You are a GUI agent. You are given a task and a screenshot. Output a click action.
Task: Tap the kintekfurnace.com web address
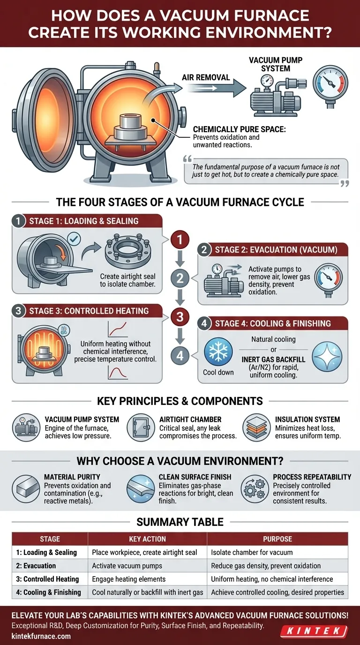point(41,636)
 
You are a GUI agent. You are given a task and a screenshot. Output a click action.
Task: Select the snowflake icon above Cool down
point(218,352)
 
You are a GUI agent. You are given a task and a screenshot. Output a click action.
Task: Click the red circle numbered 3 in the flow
point(180,317)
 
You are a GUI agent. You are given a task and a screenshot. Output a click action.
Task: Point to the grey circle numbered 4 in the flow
point(180,356)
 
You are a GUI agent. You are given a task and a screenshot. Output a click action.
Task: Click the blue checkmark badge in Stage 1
point(74,239)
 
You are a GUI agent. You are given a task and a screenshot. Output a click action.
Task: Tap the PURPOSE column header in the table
point(277,539)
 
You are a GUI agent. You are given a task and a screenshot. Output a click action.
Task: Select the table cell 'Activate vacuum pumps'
point(127,565)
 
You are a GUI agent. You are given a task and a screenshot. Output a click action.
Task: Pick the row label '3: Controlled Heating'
point(47,579)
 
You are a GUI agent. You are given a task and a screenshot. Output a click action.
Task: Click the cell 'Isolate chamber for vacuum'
point(252,552)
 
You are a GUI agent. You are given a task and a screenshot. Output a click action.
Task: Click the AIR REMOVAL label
point(206,77)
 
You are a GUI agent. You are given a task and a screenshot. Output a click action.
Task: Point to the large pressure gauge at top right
point(330,83)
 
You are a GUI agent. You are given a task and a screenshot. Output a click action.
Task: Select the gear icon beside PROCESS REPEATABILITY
point(254,488)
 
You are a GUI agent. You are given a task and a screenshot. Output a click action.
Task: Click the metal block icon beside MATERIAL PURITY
point(26,488)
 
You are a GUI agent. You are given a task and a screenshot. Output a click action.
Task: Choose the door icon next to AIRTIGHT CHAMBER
point(141,427)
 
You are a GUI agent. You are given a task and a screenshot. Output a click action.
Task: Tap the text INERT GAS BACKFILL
point(273,360)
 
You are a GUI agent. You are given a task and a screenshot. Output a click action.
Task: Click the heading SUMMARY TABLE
point(180,522)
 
